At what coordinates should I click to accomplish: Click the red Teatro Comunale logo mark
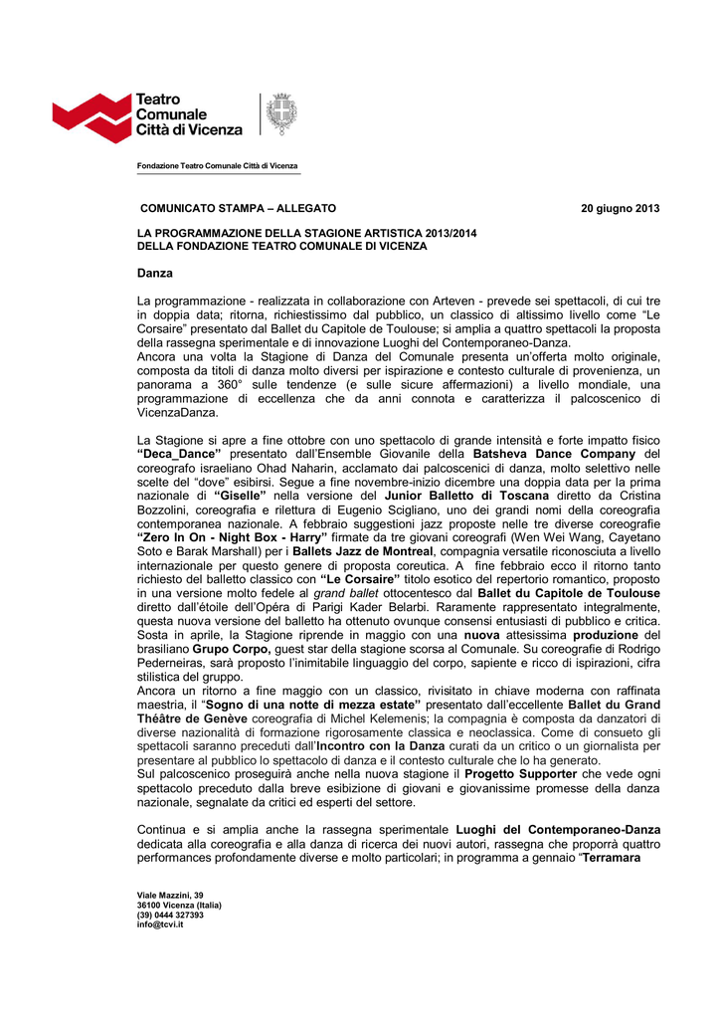91,117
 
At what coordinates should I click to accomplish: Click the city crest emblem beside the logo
281,113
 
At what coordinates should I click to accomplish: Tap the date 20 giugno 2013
620,208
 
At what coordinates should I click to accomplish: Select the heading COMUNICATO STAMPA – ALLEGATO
237,208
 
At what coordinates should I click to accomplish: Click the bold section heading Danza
154,273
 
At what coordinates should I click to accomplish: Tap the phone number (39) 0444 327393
170,916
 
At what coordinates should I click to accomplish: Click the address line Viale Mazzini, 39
170,896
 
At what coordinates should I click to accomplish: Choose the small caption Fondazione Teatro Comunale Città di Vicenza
217,165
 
